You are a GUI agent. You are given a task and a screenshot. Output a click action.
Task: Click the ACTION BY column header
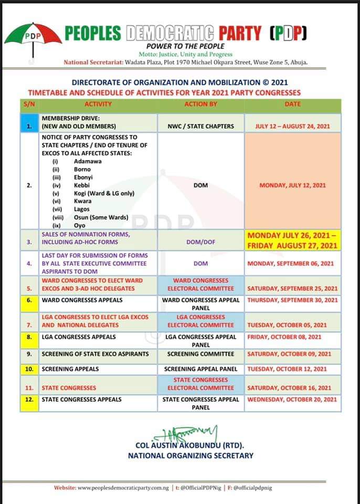coord(200,104)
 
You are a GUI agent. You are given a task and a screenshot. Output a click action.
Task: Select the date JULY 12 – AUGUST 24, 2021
coord(293,127)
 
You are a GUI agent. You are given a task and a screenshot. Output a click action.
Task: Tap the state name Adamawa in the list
coord(88,161)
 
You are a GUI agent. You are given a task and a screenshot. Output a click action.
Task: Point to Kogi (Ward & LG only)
coord(104,193)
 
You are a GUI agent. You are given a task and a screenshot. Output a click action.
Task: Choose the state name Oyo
coord(80,225)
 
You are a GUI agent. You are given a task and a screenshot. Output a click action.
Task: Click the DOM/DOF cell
coord(200,242)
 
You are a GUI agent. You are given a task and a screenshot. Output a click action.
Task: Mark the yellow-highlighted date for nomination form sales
coord(293,240)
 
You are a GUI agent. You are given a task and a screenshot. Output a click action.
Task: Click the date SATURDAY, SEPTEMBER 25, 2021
coord(293,288)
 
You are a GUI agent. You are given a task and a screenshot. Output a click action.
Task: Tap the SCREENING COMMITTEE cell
coord(200,354)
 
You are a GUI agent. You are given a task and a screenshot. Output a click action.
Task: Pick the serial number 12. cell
coord(29,400)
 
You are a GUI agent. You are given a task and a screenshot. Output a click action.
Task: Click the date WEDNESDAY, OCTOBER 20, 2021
coord(293,400)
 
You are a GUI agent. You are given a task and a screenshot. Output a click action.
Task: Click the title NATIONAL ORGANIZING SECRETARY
coord(190,456)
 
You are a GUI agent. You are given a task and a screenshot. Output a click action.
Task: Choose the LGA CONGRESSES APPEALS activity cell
coord(79,337)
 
